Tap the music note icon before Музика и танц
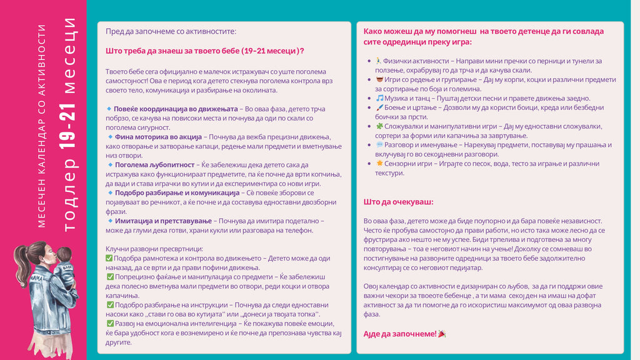[x=379, y=98]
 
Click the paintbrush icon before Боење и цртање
[x=379, y=107]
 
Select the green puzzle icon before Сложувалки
[x=379, y=126]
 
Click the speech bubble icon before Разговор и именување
[x=379, y=144]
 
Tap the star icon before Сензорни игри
[x=379, y=163]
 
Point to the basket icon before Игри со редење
[x=379, y=79]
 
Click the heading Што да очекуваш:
[x=398, y=202]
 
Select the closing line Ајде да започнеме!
[x=400, y=334]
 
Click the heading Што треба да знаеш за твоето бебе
[x=205, y=51]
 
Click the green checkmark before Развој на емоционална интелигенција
[x=110, y=323]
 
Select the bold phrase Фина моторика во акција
[x=158, y=137]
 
